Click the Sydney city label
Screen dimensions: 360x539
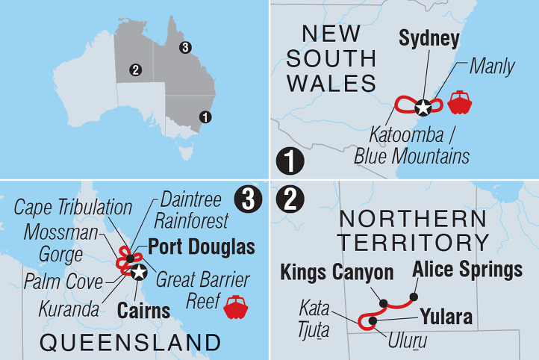(429, 39)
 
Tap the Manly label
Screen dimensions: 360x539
(492, 66)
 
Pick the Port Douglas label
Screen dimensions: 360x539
(202, 246)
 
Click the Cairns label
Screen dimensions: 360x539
(143, 308)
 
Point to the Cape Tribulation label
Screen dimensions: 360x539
(73, 207)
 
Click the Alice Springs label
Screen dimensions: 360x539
(467, 270)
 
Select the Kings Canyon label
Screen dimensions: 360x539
(337, 273)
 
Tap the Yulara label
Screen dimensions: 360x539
(445, 317)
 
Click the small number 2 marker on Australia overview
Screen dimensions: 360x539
(135, 70)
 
